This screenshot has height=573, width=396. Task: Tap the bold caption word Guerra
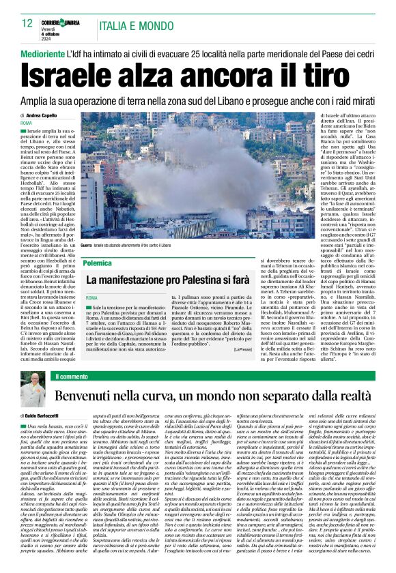click(86, 244)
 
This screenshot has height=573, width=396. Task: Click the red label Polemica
click(100, 262)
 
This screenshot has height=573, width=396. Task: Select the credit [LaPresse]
click(261, 349)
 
